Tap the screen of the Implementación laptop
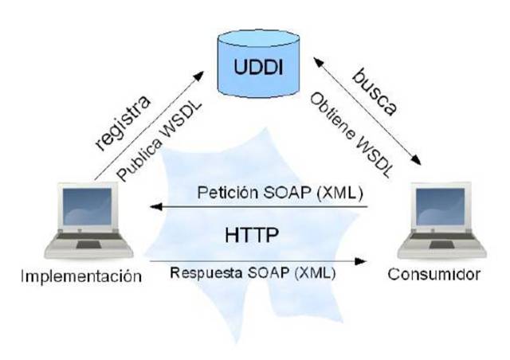click(78, 209)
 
